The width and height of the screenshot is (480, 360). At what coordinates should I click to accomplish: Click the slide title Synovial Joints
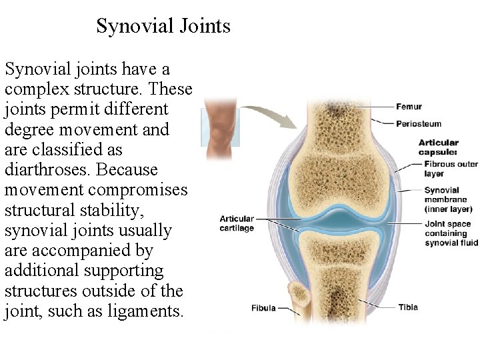[x=163, y=26]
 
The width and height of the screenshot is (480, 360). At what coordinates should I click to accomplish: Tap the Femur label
[x=408, y=107]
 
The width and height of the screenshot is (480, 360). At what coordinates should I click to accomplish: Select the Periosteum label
[x=419, y=123]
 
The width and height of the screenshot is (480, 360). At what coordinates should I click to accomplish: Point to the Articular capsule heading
[x=439, y=147]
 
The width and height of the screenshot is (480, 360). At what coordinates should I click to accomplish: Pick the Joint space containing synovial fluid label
[x=451, y=233]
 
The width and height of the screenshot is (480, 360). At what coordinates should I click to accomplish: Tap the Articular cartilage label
[x=237, y=223]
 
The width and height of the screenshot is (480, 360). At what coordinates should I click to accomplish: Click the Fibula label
[x=263, y=308]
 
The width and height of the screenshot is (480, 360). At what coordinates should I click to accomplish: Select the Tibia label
[x=408, y=307]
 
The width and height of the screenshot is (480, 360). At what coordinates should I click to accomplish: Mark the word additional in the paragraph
[x=41, y=271]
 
